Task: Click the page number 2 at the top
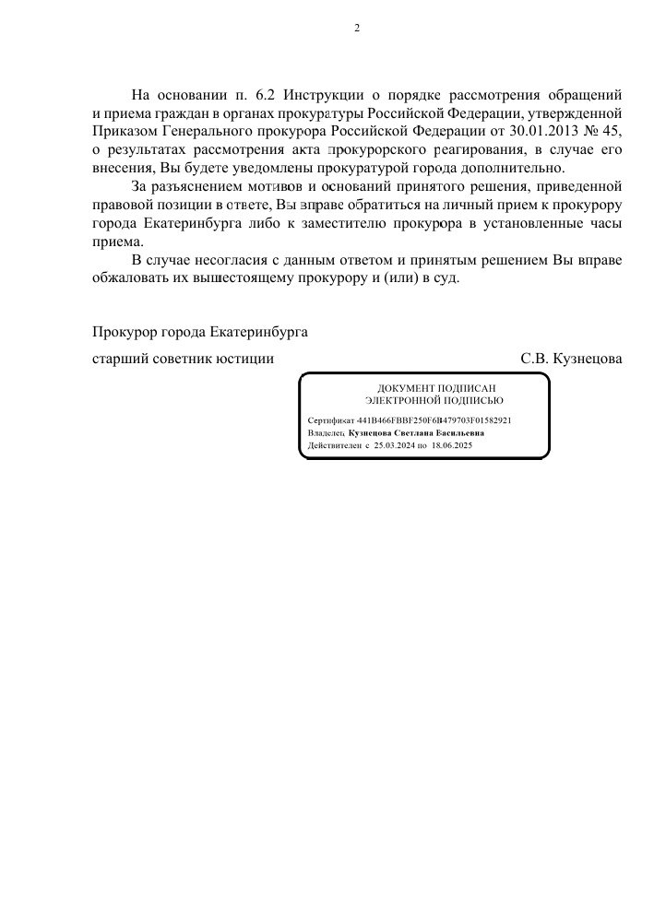357,28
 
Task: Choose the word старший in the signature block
118,359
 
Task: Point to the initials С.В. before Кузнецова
536,359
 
